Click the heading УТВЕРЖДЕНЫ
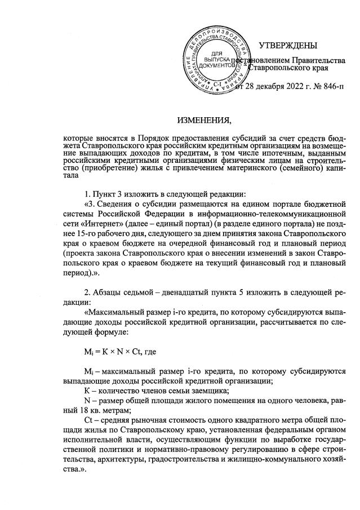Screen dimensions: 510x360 click(x=287, y=45)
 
